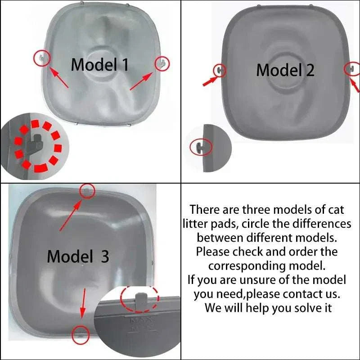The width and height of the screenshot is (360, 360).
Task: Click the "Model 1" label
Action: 100,65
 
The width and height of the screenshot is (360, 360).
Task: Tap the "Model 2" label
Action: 285,70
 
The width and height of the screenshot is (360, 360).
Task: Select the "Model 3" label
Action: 78,256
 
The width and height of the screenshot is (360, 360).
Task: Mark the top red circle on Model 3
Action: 87,190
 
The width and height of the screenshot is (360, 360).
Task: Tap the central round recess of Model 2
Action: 286,75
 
